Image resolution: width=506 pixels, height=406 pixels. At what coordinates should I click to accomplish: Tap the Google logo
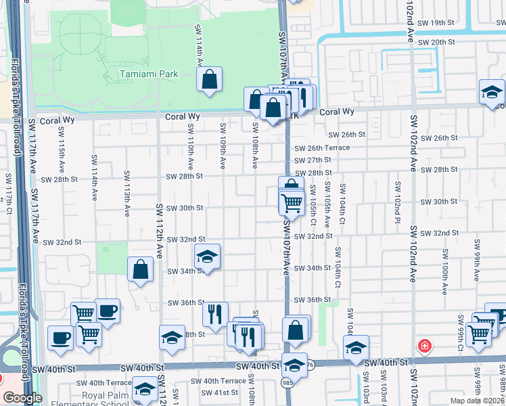[x=22, y=398]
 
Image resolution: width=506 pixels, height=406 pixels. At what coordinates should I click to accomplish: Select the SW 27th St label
[x=313, y=160]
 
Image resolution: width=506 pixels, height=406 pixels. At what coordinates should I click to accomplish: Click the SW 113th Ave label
[x=127, y=194]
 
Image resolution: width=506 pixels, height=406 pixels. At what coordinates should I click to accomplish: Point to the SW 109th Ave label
[x=222, y=145]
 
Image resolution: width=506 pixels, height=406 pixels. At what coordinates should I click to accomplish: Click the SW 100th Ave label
[x=445, y=271]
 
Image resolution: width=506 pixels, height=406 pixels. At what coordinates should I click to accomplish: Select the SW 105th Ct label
[x=313, y=204]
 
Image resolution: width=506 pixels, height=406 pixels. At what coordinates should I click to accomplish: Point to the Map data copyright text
[x=476, y=401]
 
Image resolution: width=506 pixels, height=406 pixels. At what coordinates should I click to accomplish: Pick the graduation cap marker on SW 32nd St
[x=208, y=256]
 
